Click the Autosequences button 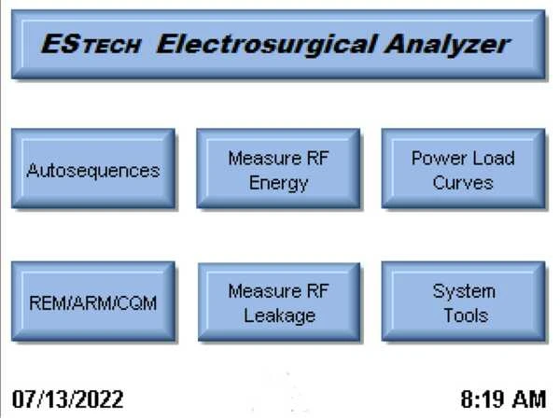click(93, 169)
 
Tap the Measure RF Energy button click(278, 169)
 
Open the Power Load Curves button click(463, 169)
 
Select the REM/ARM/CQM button click(93, 301)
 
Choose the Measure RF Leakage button click(279, 302)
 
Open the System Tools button click(463, 301)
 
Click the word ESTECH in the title click(91, 44)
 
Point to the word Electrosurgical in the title click(266, 44)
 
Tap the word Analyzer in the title click(448, 45)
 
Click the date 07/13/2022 click(68, 399)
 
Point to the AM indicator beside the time click(529, 399)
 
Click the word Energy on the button click(278, 184)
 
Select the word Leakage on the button click(280, 316)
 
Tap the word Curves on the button click(463, 183)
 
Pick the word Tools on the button click(466, 315)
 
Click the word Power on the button click(435, 159)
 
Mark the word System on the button click(464, 292)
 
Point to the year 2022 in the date click(100, 399)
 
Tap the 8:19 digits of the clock click(483, 399)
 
